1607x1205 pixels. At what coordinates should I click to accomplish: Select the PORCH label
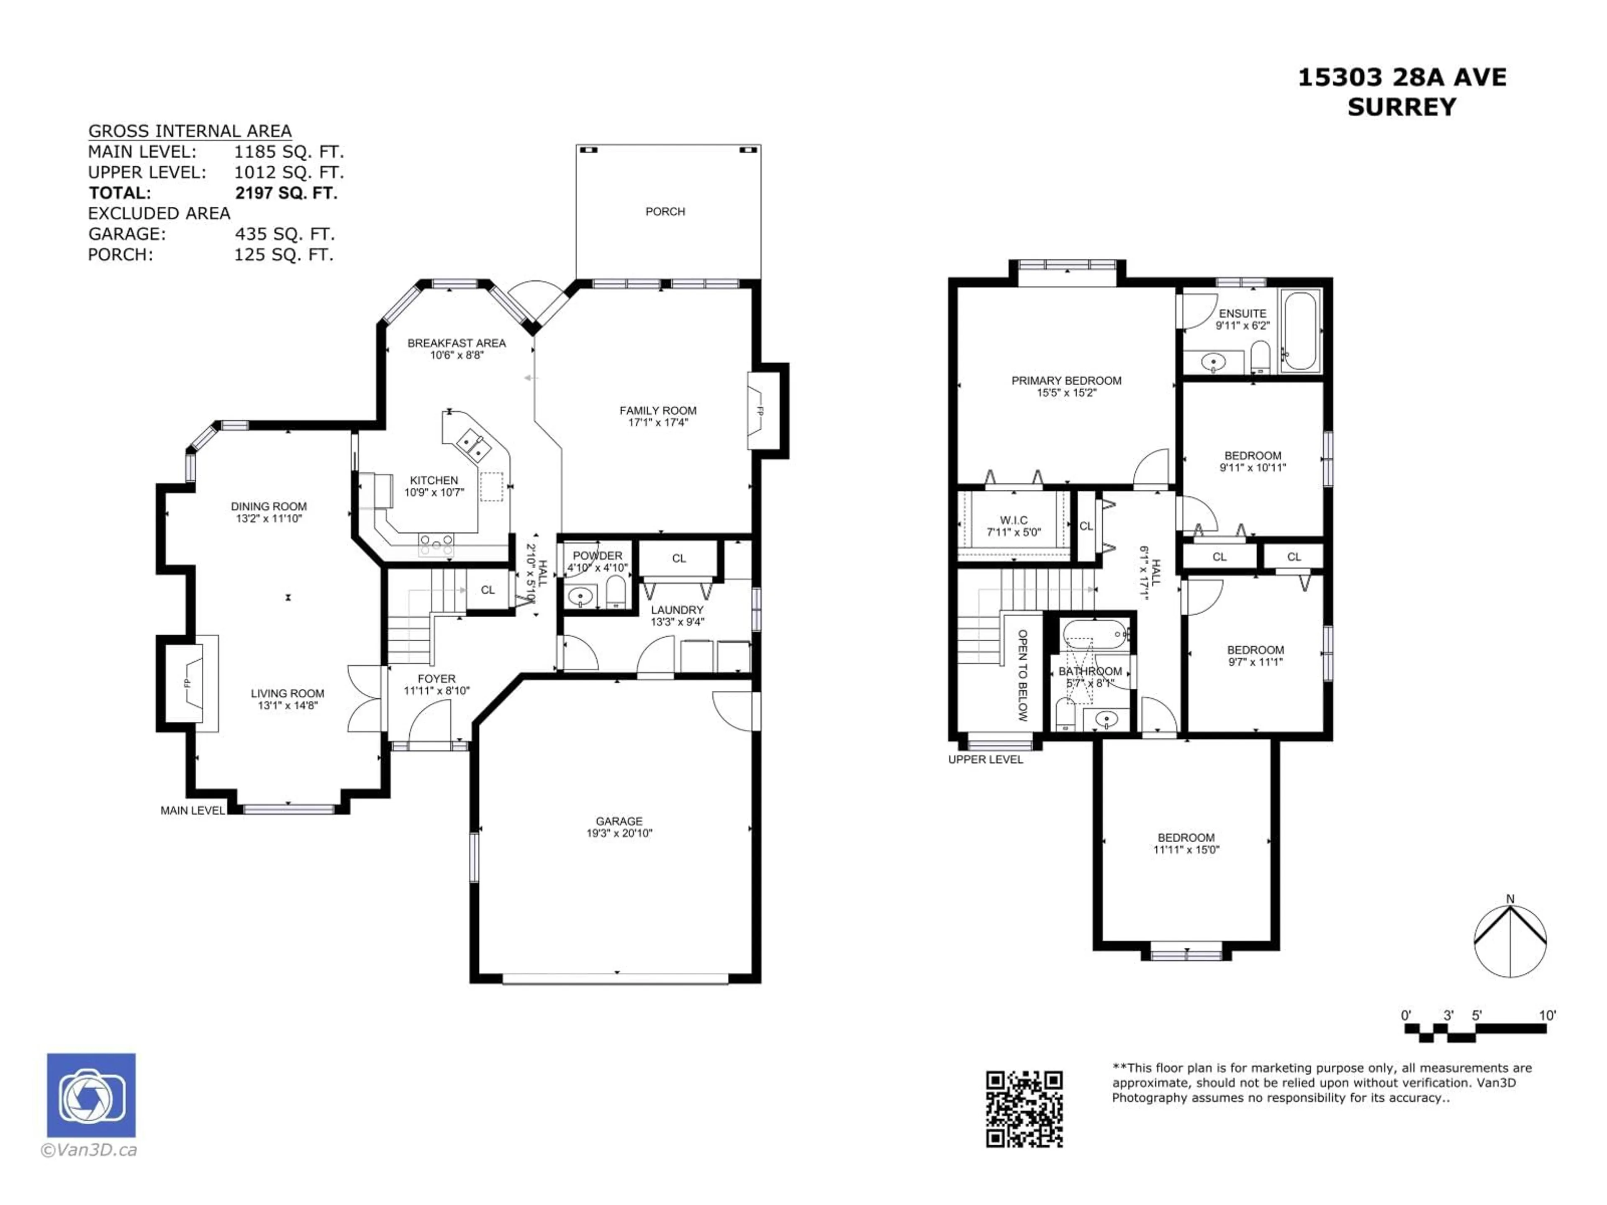(x=665, y=211)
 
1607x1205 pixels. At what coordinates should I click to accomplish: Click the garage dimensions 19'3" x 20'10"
(x=619, y=833)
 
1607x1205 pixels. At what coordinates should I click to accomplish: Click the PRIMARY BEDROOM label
(x=1066, y=381)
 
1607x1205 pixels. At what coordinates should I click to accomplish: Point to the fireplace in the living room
(x=190, y=683)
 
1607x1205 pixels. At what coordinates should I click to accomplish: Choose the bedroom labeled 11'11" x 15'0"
(x=1186, y=843)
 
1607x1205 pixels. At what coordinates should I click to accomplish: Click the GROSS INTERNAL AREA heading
(x=190, y=131)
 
